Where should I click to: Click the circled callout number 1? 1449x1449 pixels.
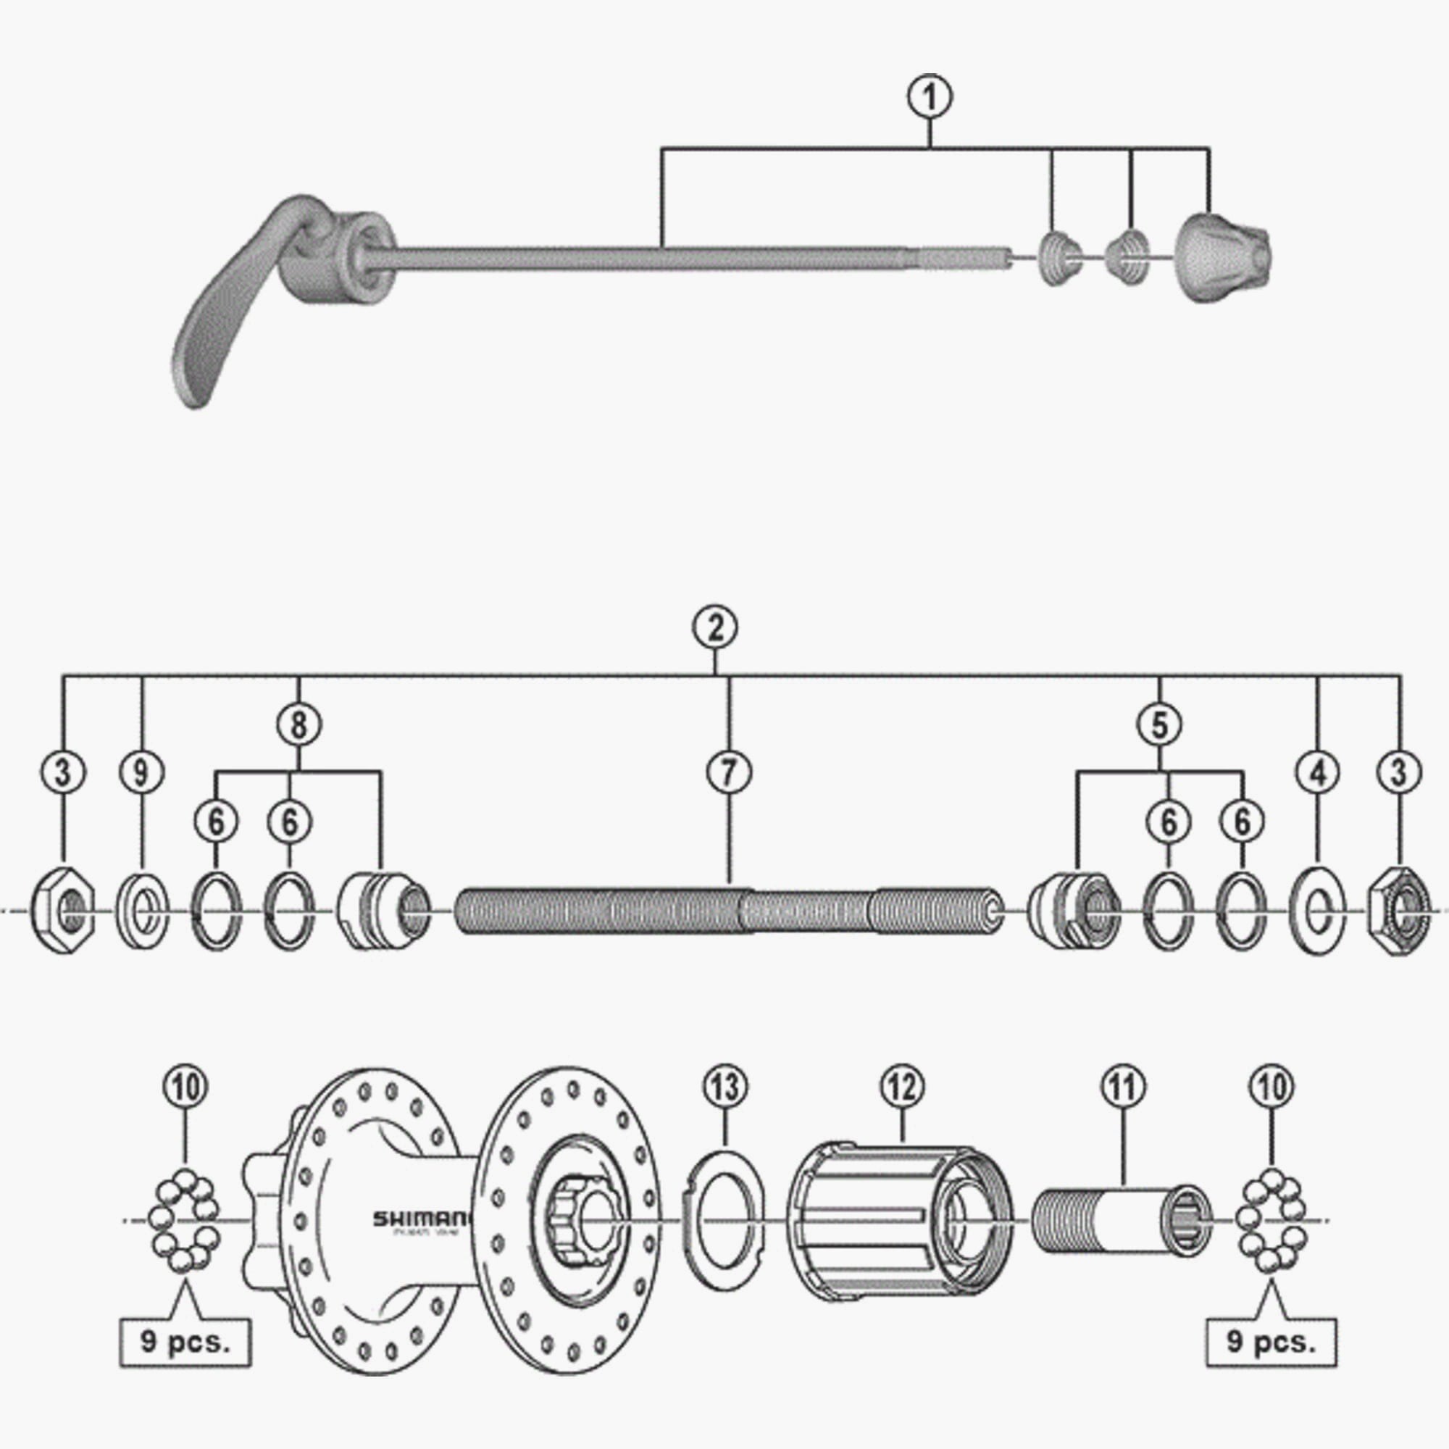(x=930, y=99)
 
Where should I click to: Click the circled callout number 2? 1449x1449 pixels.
(x=716, y=627)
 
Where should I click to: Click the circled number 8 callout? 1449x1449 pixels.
(x=298, y=724)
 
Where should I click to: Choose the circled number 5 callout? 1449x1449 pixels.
(x=1159, y=724)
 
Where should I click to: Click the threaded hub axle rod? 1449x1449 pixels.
(x=727, y=910)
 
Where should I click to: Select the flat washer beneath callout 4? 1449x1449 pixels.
(x=1318, y=911)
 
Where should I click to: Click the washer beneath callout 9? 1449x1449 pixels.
(x=143, y=910)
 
